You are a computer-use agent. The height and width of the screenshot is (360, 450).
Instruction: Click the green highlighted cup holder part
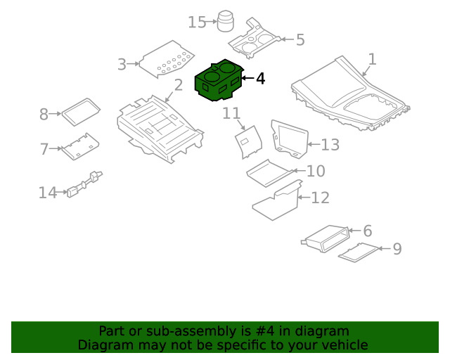(219, 81)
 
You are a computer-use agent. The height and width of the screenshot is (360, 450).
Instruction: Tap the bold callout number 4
(260, 79)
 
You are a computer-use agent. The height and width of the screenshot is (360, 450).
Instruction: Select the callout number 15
(197, 22)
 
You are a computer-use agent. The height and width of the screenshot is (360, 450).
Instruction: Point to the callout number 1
(372, 59)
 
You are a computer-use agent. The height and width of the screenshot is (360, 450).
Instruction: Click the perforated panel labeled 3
(167, 60)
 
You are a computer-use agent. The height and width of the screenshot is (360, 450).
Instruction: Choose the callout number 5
(300, 39)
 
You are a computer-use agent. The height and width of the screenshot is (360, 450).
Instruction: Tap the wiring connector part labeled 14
(84, 184)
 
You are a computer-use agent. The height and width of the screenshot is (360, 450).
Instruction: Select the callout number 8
(44, 115)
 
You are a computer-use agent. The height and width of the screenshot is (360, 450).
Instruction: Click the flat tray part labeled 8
(82, 112)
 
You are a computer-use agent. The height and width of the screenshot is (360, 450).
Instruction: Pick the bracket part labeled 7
(81, 146)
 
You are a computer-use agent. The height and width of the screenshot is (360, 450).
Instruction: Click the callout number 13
(330, 145)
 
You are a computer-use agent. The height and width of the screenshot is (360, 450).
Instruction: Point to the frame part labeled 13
(290, 139)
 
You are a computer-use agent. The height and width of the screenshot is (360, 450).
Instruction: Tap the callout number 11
(231, 113)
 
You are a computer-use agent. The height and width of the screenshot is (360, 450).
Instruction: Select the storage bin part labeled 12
(277, 200)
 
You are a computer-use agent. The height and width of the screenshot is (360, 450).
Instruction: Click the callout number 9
(397, 249)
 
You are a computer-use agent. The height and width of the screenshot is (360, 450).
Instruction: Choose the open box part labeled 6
(326, 238)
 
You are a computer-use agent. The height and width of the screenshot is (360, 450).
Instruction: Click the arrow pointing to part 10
(299, 171)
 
